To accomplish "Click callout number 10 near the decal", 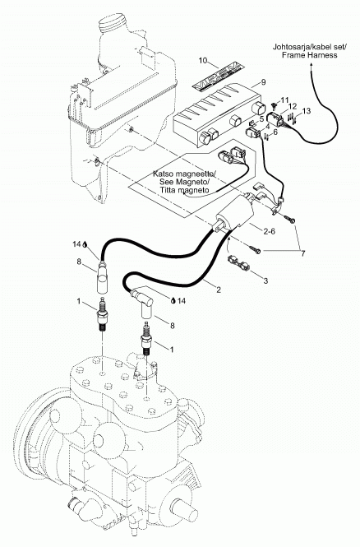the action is tap(203, 60).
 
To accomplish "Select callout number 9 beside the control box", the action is tap(263, 82).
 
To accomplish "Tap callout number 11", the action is tap(285, 100).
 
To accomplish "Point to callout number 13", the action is tap(307, 111).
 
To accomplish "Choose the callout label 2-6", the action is tap(268, 230).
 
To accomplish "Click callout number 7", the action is tap(302, 253).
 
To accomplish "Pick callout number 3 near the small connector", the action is tap(265, 280).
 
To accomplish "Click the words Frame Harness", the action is tap(310, 55).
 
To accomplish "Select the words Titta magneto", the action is tap(184, 190).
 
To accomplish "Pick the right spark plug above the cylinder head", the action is tap(146, 338).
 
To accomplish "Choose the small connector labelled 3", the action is tap(238, 262).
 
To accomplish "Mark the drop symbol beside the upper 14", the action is tap(85, 244).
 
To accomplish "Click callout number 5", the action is tap(261, 119).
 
